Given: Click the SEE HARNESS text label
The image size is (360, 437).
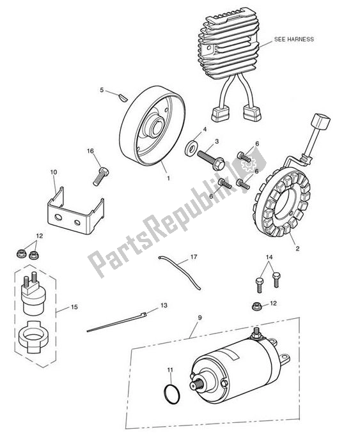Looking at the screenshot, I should (293, 39).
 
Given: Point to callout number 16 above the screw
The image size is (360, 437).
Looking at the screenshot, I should (90, 151).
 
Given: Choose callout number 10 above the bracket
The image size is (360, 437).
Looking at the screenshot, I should (54, 172).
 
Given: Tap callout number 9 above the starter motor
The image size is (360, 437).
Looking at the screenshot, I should (199, 317).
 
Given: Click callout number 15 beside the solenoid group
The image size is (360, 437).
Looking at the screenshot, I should (74, 307).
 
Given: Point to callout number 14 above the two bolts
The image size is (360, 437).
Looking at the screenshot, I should (269, 257).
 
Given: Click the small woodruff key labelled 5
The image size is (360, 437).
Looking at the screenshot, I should (121, 96).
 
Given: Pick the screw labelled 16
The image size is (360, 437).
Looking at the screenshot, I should (99, 172).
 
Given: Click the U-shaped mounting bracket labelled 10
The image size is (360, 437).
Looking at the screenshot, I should (74, 213).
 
